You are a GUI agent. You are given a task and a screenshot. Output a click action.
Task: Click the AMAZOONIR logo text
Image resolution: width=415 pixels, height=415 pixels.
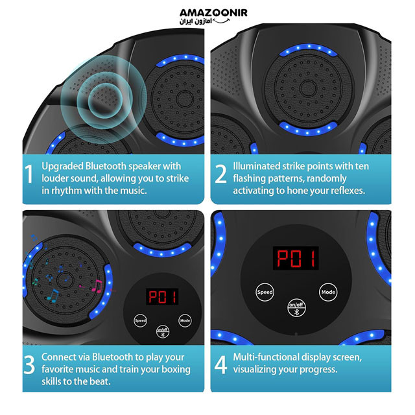(213, 13)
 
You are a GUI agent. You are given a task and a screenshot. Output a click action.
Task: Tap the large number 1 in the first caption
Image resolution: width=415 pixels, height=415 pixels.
(29, 174)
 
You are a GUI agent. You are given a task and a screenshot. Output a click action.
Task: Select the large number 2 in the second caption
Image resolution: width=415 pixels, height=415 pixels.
(220, 174)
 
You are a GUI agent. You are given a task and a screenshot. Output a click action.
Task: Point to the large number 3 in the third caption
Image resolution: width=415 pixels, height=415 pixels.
(29, 364)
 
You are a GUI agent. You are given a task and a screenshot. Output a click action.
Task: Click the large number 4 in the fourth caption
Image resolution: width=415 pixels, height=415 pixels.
(220, 364)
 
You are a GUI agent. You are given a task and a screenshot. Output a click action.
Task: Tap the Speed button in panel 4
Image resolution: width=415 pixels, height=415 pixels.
(265, 292)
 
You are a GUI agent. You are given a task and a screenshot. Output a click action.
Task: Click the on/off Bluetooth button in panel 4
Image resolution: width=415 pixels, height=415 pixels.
(296, 308)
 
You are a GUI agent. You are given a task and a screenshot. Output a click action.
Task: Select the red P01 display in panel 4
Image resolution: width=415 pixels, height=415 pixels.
(296, 258)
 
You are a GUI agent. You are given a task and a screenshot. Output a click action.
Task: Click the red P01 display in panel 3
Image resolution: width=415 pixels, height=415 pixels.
(162, 297)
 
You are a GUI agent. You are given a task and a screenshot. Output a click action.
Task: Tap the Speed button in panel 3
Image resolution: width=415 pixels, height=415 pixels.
(140, 320)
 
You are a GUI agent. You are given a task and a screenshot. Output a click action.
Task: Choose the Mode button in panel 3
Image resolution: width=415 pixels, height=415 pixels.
(185, 320)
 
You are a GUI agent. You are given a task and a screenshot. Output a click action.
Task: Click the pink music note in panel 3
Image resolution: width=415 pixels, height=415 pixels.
(97, 287)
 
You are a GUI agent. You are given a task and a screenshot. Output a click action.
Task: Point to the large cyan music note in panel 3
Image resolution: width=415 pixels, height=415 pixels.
(53, 296)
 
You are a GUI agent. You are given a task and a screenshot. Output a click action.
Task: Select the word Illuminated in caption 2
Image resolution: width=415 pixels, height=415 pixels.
(256, 166)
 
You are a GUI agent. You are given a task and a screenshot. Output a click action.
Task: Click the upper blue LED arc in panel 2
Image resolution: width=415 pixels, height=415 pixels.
(309, 49)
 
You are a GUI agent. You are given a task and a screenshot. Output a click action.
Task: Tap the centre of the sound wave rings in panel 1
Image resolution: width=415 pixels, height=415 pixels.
(105, 100)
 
